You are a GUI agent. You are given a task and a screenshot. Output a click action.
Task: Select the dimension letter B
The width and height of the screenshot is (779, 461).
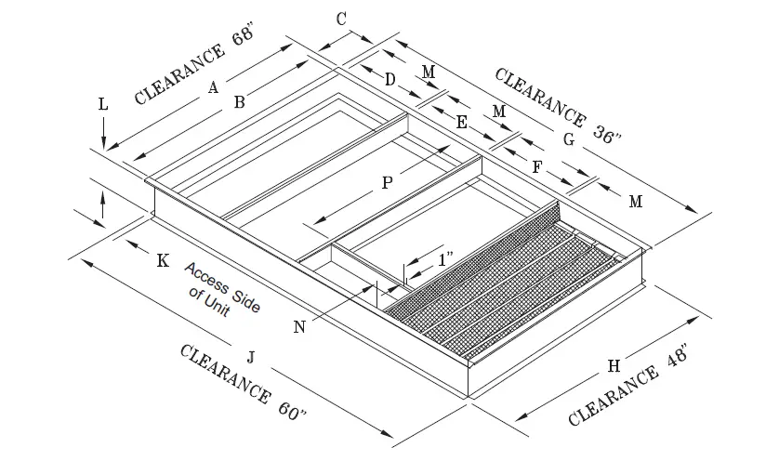[239, 103]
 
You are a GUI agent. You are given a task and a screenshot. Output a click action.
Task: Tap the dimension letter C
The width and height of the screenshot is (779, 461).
[341, 19]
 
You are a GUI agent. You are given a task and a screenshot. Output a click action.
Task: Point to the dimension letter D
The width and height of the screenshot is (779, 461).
[390, 81]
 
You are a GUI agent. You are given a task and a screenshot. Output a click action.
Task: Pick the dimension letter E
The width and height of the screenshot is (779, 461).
[462, 122]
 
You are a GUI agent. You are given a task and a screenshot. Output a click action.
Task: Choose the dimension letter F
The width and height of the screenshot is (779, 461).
[536, 166]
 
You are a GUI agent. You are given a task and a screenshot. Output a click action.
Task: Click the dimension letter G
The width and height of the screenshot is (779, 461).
[569, 139]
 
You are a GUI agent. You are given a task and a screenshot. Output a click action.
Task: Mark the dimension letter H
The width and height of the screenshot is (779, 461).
[613, 365]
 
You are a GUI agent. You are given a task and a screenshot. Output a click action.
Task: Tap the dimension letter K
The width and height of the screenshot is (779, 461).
[163, 261]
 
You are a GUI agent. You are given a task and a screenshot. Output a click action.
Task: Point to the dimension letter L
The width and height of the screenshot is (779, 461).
[103, 105]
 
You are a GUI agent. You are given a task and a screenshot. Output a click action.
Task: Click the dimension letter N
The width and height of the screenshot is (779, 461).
[299, 326]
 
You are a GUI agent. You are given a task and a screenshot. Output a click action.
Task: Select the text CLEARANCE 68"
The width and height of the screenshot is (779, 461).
[194, 72]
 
